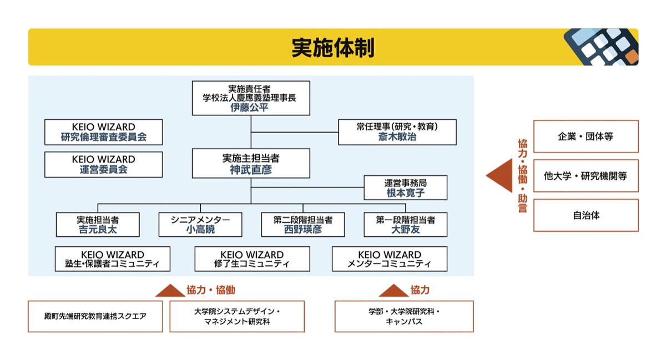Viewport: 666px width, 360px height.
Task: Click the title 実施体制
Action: point(333,48)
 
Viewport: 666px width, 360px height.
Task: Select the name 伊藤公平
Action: point(250,108)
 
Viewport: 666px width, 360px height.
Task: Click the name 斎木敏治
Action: point(397,137)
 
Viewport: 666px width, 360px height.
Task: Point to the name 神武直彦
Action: point(251,170)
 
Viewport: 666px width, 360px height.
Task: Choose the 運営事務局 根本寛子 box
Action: point(405,187)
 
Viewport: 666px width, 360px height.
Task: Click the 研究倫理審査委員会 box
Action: point(104,132)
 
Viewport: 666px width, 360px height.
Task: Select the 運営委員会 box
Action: point(104,165)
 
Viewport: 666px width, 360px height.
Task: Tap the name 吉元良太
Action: point(98,230)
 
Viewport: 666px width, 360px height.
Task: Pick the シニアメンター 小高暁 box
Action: point(200,225)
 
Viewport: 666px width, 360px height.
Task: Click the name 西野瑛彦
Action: point(302,230)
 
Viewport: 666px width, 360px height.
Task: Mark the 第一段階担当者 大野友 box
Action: point(405,225)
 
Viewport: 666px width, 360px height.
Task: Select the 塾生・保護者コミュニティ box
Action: point(112,259)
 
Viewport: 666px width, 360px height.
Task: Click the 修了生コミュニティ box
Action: point(251,259)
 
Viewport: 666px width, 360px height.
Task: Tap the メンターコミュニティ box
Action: point(389,259)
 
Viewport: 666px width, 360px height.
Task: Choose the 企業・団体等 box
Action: point(586,136)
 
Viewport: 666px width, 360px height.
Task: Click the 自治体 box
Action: point(586,215)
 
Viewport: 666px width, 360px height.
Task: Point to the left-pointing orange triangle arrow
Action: point(500,176)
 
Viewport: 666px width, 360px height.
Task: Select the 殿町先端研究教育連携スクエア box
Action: point(95,316)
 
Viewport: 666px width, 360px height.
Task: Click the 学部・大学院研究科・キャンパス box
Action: point(403,316)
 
